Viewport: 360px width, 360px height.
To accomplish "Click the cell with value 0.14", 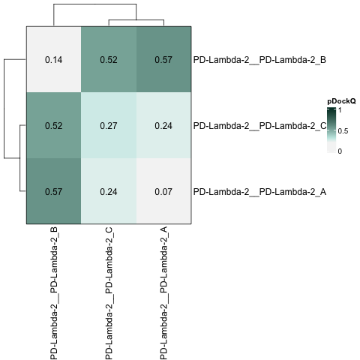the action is pyautogui.click(x=54, y=59).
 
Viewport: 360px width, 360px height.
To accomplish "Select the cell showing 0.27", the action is pyautogui.click(x=109, y=125).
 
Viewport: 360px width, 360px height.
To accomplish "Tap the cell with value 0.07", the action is pyautogui.click(x=163, y=191).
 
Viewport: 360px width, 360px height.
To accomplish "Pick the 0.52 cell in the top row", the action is pyautogui.click(x=109, y=59).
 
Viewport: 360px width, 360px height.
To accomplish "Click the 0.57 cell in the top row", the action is pyautogui.click(x=163, y=59).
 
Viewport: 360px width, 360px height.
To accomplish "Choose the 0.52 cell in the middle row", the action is pyautogui.click(x=54, y=125).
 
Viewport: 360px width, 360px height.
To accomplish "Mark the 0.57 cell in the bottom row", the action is pyautogui.click(x=54, y=191).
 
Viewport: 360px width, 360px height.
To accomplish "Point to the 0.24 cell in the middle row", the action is pyautogui.click(x=163, y=125).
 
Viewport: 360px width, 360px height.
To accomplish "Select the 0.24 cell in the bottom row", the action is pyautogui.click(x=109, y=191).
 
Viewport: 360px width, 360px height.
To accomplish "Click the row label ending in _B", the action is pyautogui.click(x=259, y=60).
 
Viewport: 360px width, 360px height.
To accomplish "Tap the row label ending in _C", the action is pyautogui.click(x=260, y=126).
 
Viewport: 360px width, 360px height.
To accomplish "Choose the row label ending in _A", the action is pyautogui.click(x=259, y=192).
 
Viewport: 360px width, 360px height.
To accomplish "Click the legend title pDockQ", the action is pyautogui.click(x=341, y=101).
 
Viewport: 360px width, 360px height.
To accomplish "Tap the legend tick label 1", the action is pyautogui.click(x=340, y=109).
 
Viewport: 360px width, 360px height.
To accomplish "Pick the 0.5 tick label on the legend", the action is pyautogui.click(x=343, y=131).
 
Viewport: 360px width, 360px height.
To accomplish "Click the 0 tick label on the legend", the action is pyautogui.click(x=340, y=151).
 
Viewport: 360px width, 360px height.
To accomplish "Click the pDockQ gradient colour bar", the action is pyautogui.click(x=331, y=130).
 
